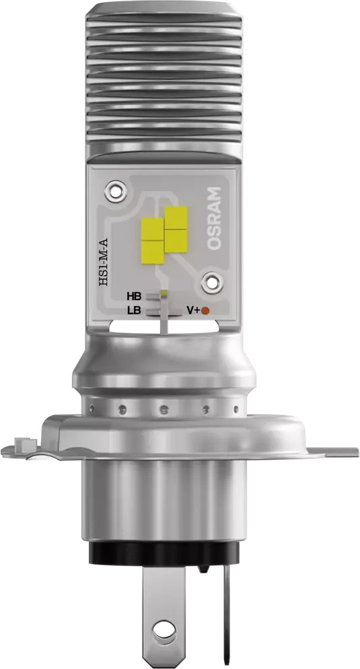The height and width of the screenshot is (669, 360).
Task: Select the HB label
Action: (133, 296)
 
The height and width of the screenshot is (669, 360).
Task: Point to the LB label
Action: (133, 310)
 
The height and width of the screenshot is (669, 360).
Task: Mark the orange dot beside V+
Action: (206, 310)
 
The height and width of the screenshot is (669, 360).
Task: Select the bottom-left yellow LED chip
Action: (152, 251)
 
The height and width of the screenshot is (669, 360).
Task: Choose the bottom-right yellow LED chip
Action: (175, 240)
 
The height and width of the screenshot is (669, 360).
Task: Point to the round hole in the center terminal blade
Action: (160, 631)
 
